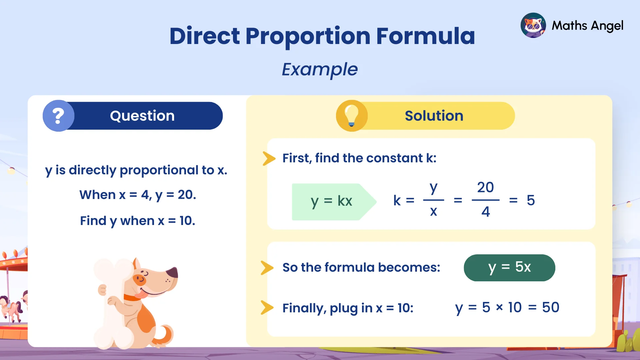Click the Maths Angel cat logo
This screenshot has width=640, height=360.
click(x=533, y=25)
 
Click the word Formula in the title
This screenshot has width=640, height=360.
click(x=425, y=36)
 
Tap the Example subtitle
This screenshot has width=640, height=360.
click(x=320, y=69)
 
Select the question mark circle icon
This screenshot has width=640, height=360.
click(x=58, y=116)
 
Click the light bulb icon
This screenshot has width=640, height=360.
click(x=351, y=116)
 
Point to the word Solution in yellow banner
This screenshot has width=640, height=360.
click(x=434, y=116)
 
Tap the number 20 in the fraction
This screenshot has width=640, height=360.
click(x=485, y=187)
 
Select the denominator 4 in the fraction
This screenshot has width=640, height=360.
click(x=486, y=212)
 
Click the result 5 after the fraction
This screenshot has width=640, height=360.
click(x=531, y=200)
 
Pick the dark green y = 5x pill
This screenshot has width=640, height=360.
click(x=509, y=267)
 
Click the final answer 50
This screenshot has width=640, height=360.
click(x=551, y=307)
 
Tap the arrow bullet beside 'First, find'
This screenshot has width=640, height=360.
click(x=269, y=158)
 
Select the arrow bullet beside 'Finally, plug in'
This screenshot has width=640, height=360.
click(x=267, y=308)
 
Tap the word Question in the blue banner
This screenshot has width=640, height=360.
click(x=142, y=116)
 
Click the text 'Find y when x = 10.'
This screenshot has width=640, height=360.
click(x=138, y=221)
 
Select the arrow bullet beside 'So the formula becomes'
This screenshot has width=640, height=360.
click(x=267, y=268)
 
